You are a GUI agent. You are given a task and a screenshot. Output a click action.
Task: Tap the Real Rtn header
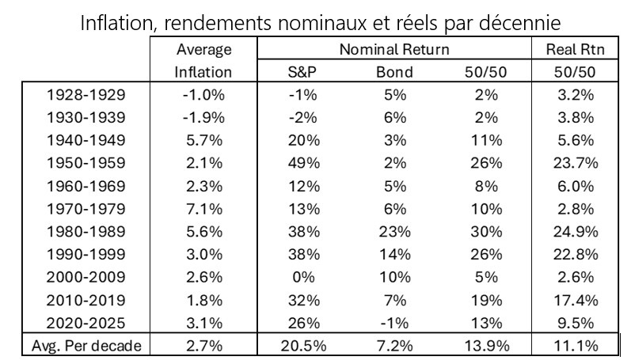tap(576, 50)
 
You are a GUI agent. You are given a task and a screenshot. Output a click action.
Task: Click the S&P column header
tap(301, 73)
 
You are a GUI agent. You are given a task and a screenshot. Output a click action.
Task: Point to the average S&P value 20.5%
tap(301, 346)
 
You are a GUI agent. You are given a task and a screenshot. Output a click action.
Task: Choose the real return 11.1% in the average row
tap(576, 346)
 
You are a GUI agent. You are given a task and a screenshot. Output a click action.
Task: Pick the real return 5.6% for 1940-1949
tap(576, 143)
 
